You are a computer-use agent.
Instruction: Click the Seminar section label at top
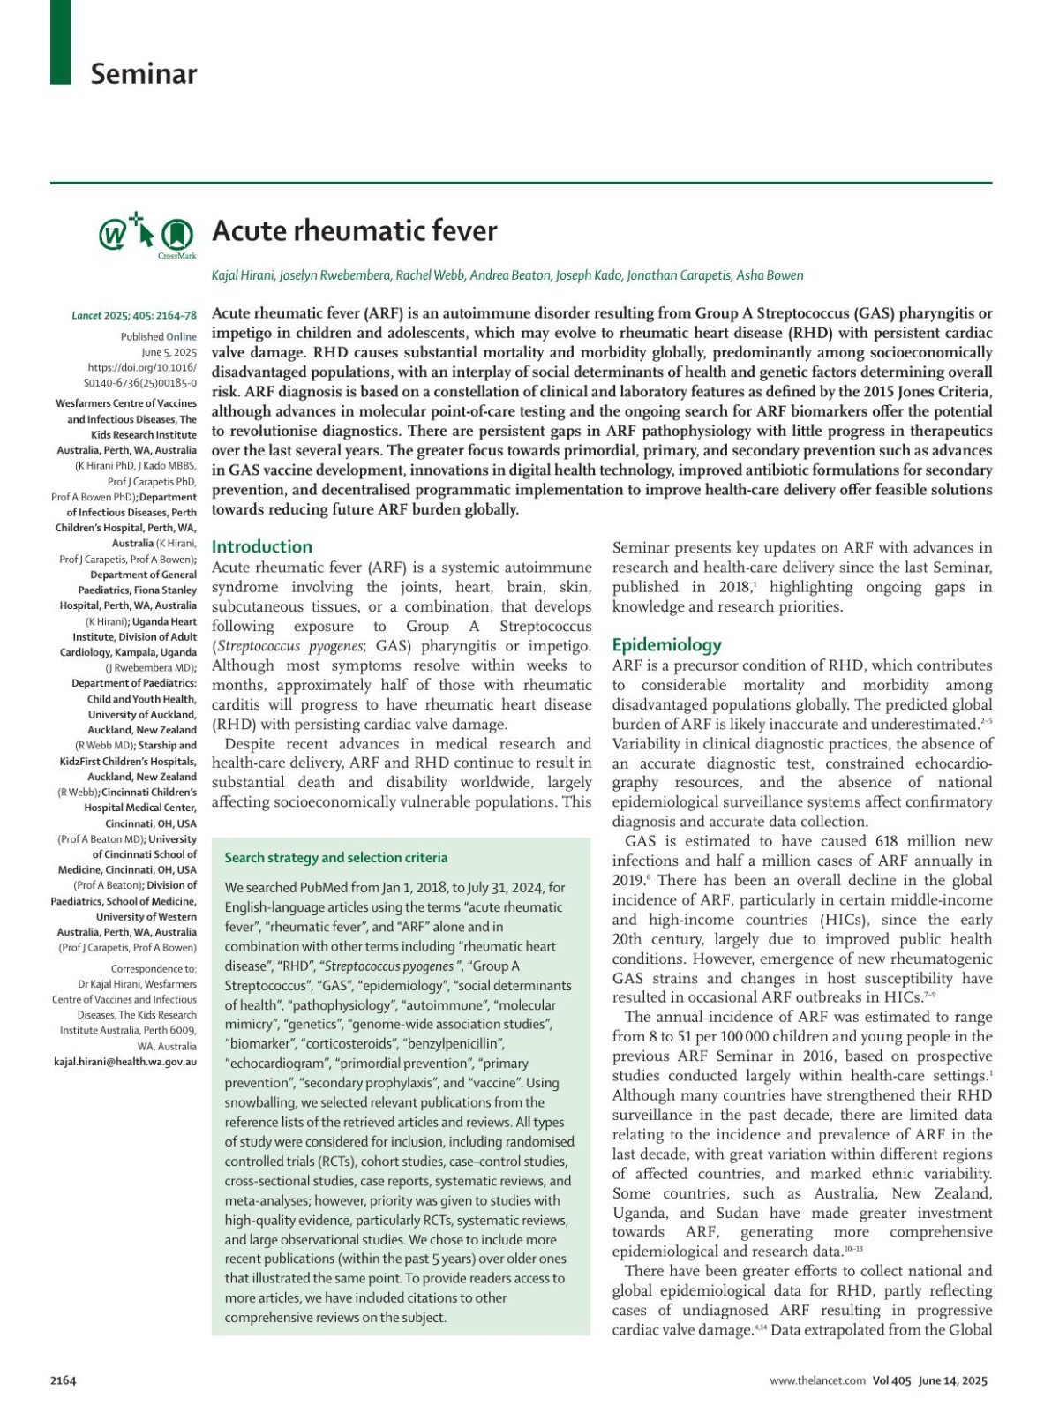[144, 74]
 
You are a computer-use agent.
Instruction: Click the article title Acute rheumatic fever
[355, 231]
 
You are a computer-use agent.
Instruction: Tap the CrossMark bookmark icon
[178, 234]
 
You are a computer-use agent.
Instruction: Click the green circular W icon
[112, 236]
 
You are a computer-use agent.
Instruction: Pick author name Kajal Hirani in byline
[243, 275]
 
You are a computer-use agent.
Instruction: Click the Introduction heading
[262, 547]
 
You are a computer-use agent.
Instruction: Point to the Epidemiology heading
[667, 645]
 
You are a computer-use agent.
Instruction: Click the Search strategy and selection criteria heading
[336, 858]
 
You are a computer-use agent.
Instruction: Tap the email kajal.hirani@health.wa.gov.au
[125, 1062]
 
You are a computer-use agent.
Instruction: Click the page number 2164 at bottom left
[64, 1380]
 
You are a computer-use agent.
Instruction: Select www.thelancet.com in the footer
[817, 1381]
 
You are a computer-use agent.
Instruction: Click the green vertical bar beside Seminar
[60, 41]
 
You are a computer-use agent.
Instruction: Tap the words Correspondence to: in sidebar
[154, 969]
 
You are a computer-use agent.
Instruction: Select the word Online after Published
[182, 336]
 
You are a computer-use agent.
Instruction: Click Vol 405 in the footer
[891, 1381]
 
